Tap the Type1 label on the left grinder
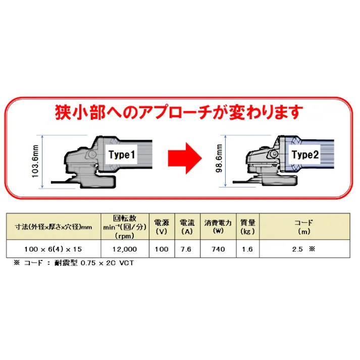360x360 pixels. pyautogui.click(x=122, y=155)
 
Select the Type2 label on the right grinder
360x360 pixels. pyautogui.click(x=305, y=155)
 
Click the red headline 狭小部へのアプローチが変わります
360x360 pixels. pyautogui.click(x=179, y=112)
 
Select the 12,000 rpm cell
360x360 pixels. pyautogui.click(x=125, y=249)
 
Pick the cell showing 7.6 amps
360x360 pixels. pyautogui.click(x=186, y=249)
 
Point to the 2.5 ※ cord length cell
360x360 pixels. pyautogui.click(x=304, y=249)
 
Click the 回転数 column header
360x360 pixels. pyautogui.click(x=125, y=226)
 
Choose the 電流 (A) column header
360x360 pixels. pyautogui.click(x=186, y=226)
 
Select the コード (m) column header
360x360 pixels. pyautogui.click(x=304, y=226)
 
